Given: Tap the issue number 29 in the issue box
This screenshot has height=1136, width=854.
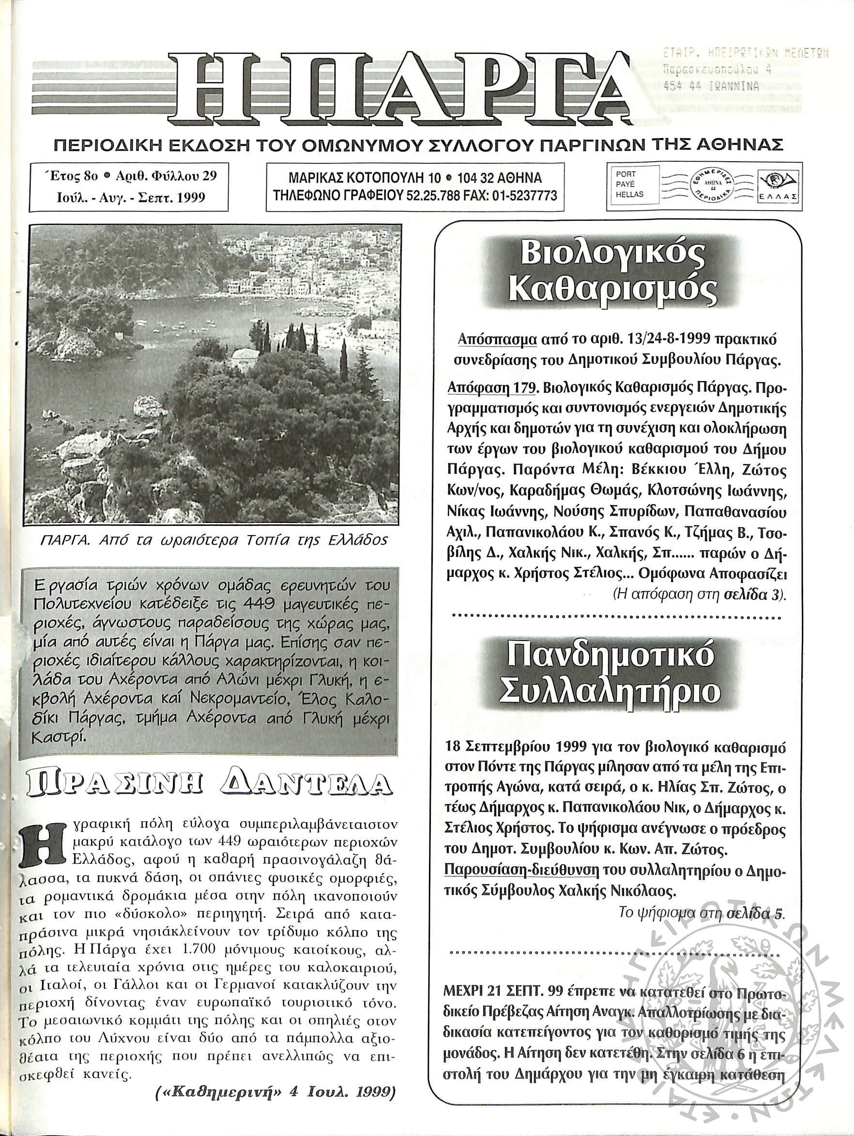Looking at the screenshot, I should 209,176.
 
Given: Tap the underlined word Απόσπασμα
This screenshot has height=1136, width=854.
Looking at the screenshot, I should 497,339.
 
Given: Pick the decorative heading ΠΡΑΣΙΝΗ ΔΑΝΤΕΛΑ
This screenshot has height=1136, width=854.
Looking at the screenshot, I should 206,787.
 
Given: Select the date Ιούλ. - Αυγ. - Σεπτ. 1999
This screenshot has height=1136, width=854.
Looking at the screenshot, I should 130,197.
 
